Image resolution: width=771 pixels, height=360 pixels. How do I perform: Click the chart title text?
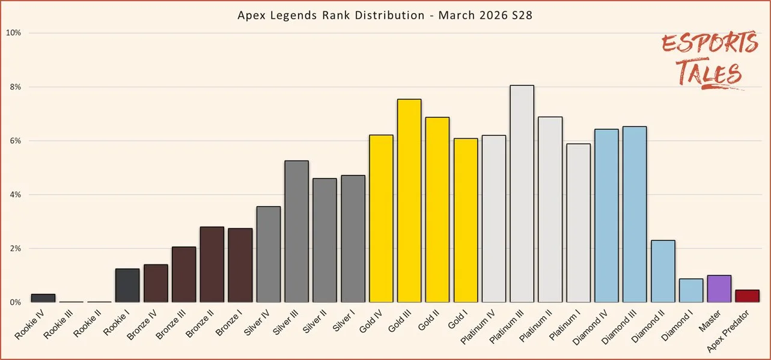(x=385, y=15)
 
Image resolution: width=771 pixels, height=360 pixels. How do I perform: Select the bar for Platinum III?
(x=522, y=194)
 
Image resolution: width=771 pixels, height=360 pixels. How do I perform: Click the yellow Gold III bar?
(x=409, y=201)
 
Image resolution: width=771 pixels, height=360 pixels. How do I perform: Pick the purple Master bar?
(x=719, y=289)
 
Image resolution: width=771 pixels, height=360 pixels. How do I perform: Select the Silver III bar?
(x=297, y=231)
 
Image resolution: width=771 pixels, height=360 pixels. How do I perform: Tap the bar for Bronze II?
(x=212, y=264)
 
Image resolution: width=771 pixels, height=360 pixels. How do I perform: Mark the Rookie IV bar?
(x=43, y=298)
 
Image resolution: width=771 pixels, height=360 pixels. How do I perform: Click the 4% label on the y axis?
(x=15, y=195)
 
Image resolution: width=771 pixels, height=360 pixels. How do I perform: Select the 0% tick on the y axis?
(x=15, y=302)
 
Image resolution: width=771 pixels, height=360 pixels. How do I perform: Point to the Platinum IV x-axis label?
(x=484, y=325)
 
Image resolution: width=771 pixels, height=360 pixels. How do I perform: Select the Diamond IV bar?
(x=606, y=216)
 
